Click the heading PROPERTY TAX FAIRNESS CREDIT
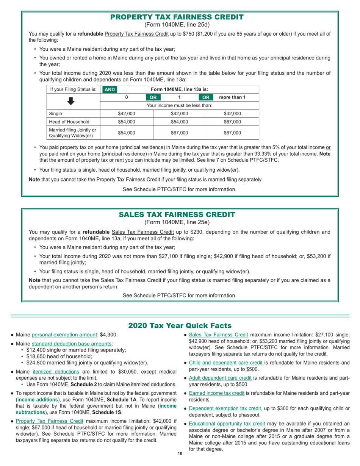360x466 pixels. (177, 17)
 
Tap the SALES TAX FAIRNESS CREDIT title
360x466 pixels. (177, 214)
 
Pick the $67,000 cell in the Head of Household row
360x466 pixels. (232, 122)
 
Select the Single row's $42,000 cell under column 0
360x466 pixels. (126, 113)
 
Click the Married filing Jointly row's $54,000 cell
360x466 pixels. (126, 133)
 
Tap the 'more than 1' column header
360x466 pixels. (233, 97)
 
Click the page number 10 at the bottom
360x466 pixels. (180, 454)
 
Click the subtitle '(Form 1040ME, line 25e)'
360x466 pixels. (177, 222)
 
